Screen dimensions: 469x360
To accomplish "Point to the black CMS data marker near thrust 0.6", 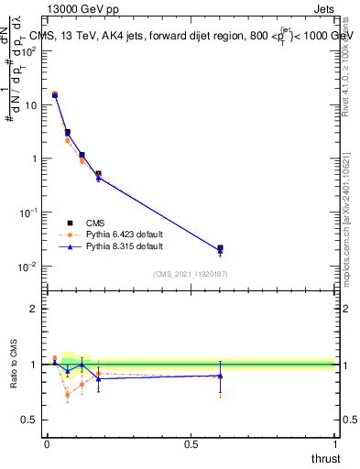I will point(220,248).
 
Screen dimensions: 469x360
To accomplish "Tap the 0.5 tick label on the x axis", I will point(191,444).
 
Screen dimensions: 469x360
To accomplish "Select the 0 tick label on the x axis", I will point(47,444).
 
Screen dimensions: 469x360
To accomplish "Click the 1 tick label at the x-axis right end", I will point(334,444).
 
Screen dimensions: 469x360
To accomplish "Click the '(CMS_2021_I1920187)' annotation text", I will point(191,273).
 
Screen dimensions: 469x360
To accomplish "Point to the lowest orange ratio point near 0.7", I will point(68,396).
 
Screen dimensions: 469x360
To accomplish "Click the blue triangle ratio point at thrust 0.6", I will point(220,376).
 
